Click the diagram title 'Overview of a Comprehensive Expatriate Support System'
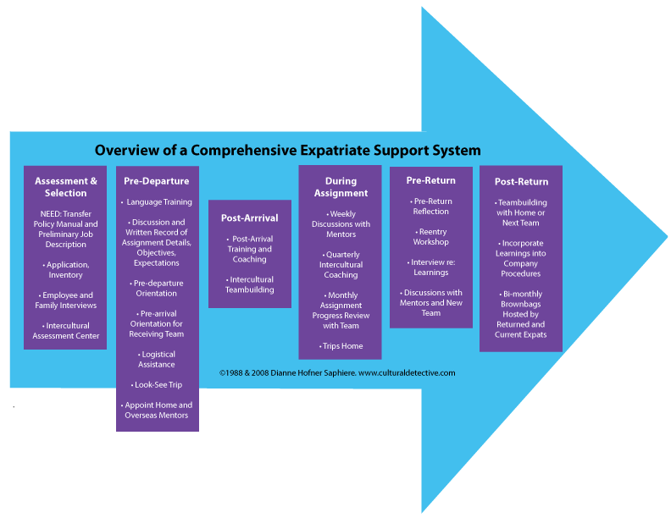pos(287,151)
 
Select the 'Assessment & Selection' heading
pos(66,187)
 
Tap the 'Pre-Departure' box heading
pos(157,181)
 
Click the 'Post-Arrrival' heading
pos(250,218)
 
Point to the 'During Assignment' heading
pos(341,187)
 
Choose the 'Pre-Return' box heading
pos(430,180)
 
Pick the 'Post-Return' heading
pos(521,181)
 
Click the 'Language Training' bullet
pos(159,202)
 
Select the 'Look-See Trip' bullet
pos(158,385)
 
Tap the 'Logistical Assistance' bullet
pos(158,360)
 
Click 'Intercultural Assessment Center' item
pos(66,331)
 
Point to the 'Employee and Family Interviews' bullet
pos(66,300)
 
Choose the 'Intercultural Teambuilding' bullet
pos(250,284)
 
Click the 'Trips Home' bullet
pos(341,346)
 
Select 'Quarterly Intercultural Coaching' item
pos(341,264)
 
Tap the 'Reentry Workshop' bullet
pos(430,237)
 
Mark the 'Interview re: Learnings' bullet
pos(430,267)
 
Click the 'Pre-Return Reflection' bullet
pos(430,207)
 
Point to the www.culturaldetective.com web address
pos(407,372)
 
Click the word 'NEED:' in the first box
pos(53,214)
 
